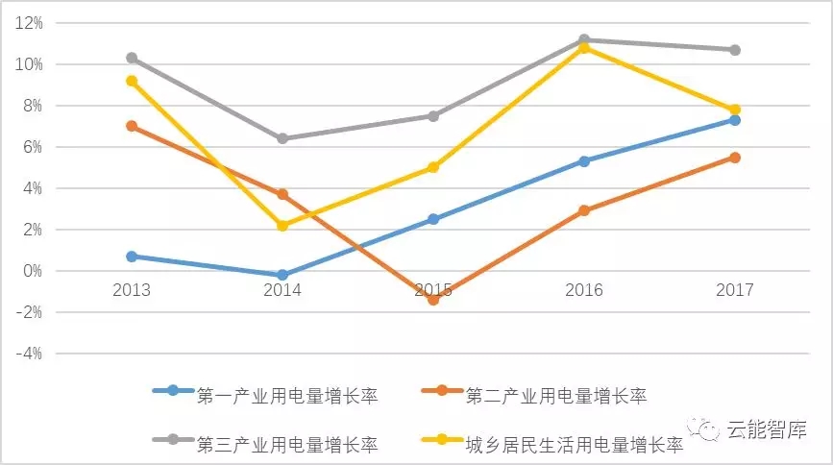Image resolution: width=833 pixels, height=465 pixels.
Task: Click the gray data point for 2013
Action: point(132,58)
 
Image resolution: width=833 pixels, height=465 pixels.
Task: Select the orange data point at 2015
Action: point(433,300)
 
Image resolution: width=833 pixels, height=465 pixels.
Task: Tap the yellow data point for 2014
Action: point(282,226)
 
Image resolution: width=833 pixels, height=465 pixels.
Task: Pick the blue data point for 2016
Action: point(584,161)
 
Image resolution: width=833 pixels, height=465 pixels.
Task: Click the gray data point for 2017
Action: point(735,50)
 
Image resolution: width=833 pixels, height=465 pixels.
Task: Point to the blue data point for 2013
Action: point(132,257)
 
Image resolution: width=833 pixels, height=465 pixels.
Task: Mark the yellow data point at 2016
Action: point(584,47)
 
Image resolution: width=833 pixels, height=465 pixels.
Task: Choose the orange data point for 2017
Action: point(735,158)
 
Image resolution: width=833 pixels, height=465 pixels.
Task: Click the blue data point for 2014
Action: point(282,275)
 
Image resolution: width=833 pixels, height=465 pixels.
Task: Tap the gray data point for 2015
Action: point(433,116)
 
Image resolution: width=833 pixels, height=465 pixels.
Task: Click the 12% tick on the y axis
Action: point(30,23)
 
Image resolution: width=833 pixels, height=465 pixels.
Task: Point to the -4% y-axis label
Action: point(30,354)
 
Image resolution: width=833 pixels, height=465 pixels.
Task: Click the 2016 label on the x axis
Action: point(584,289)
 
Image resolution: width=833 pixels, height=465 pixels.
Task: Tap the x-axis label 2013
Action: point(132,289)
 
